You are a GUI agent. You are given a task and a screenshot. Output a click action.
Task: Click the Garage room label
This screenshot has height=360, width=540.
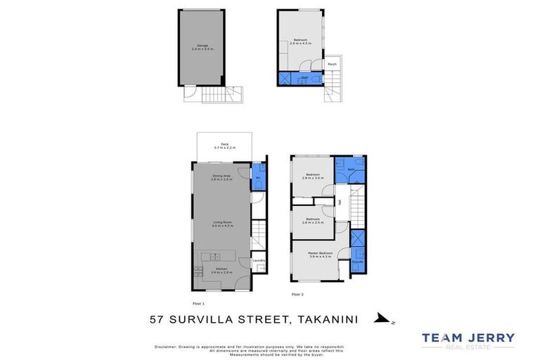coord(202,47)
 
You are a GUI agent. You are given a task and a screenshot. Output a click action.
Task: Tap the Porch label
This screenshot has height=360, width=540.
coord(332,64)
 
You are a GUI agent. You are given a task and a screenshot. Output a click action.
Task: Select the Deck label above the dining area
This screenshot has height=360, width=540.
coord(226,146)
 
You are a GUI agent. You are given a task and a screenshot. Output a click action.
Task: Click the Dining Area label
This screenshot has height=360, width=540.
coord(222,176)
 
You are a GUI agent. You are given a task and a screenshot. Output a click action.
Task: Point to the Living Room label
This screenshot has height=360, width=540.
coord(222,224)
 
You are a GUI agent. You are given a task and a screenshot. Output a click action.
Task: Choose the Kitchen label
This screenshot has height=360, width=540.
coord(221,270)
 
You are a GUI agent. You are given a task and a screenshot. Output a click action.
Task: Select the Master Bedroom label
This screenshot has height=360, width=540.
coord(320,255)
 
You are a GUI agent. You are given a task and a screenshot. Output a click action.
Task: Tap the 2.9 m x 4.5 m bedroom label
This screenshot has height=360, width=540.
coord(300,41)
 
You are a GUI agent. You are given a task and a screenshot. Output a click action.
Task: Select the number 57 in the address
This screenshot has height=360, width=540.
coord(159,319)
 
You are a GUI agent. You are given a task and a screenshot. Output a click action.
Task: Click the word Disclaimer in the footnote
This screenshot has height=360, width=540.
coord(167,347)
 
